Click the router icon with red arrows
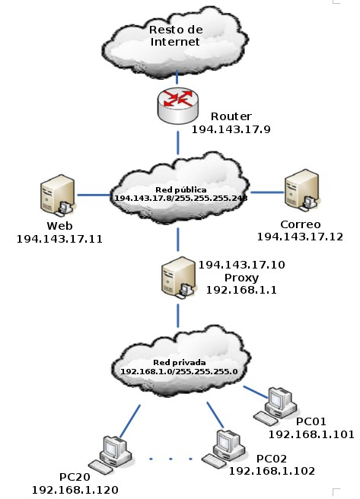tap(178, 106)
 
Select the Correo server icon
tap(302, 191)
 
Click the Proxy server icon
tap(179, 278)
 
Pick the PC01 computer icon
tap(275, 405)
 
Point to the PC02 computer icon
tap(224, 450)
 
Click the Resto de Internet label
tap(176, 36)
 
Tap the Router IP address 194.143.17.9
tap(231, 129)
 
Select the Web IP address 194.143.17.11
tap(59, 239)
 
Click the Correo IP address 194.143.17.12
tap(300, 237)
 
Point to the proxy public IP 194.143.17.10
tap(242, 265)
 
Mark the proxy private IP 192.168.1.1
tap(241, 290)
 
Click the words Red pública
tap(181, 190)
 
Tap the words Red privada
tap(180, 363)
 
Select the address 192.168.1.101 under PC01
tap(311, 434)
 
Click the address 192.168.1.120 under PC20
tap(75, 490)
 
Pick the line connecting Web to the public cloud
tap(94, 195)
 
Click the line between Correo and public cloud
tap(267, 192)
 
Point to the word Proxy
tap(241, 278)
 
